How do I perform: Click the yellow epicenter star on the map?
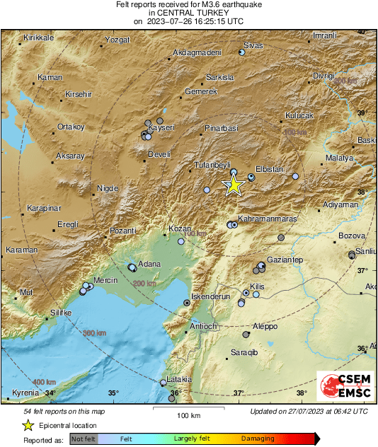234,185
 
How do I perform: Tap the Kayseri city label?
161,127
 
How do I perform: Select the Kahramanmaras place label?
266,219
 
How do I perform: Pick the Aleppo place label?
265,327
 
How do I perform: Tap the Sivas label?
253,45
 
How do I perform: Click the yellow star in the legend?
28,425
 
